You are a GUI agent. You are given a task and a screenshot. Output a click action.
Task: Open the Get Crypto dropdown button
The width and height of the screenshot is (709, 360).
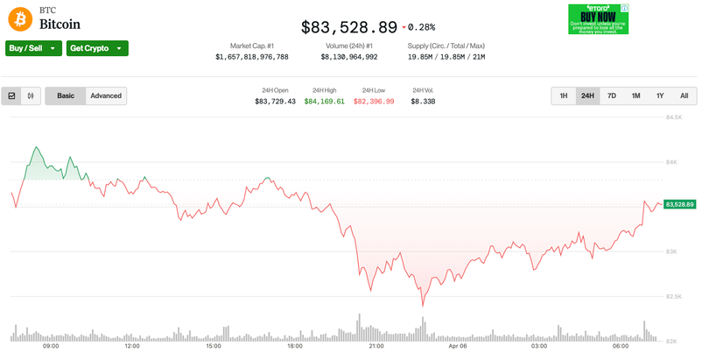tap(97, 48)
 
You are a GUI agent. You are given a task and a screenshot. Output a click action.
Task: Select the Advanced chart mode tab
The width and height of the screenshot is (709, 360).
tap(106, 95)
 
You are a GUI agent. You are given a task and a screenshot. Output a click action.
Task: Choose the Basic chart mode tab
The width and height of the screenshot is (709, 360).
tap(66, 95)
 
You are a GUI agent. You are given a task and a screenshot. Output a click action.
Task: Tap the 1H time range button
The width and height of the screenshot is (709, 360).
tap(564, 95)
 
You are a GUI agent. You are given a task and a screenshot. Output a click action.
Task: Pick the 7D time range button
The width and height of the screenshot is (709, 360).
tap(612, 95)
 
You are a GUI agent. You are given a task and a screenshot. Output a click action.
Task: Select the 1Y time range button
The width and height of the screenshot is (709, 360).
tap(660, 95)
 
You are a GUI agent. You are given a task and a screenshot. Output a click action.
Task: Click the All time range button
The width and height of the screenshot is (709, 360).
tap(684, 95)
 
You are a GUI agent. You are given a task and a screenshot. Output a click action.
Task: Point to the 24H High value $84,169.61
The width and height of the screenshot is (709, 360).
tap(325, 102)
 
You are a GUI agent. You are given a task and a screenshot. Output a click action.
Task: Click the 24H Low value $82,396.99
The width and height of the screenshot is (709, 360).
tap(374, 102)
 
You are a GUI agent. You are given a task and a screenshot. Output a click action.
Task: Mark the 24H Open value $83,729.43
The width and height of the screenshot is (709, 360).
tap(275, 102)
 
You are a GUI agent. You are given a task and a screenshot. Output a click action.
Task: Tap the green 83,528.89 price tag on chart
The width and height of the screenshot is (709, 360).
tap(679, 204)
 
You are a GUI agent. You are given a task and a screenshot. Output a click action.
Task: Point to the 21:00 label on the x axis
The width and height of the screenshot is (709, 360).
tap(376, 346)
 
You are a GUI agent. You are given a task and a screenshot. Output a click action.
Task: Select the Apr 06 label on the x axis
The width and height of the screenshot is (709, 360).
tap(458, 346)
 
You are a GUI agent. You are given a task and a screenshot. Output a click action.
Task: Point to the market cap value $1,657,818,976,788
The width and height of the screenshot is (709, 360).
tap(252, 57)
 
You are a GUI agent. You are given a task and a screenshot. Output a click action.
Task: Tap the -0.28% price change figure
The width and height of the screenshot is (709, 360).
tap(422, 28)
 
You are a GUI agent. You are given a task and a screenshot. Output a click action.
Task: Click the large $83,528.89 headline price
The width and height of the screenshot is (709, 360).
tap(348, 27)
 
